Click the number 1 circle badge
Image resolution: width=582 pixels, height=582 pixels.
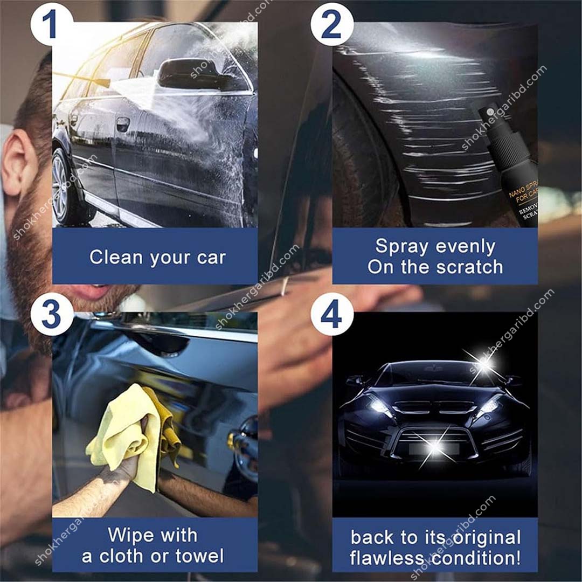(x=52, y=24)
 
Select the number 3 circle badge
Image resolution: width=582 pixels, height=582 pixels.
(x=52, y=314)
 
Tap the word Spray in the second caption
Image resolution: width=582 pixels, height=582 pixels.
(x=400, y=246)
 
